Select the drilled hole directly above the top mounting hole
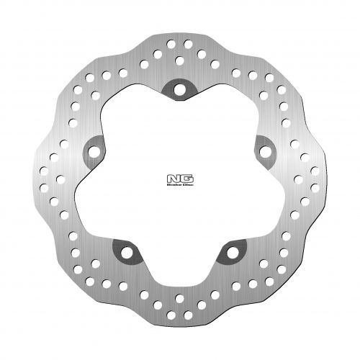179,58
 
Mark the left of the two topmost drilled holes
172,45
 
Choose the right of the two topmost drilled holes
189,45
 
